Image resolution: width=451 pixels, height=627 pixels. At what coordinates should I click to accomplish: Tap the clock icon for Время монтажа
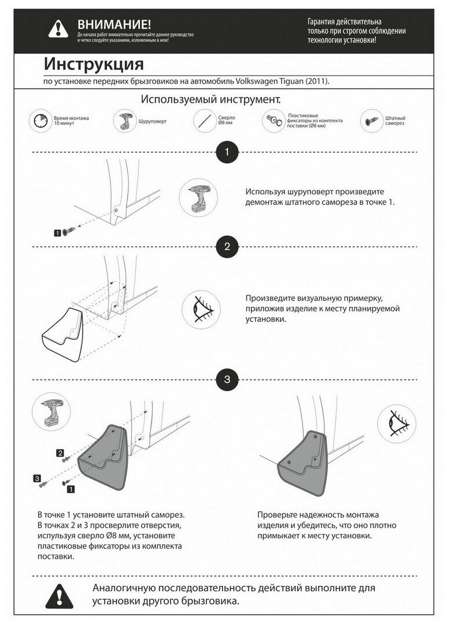click(x=40, y=121)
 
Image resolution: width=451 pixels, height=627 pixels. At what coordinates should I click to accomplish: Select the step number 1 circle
click(x=227, y=153)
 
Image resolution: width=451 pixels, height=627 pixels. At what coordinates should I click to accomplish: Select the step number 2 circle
click(x=227, y=247)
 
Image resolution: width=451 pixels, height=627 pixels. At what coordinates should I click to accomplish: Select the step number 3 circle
click(x=227, y=380)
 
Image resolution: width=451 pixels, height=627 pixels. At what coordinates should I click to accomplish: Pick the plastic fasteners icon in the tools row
click(x=274, y=121)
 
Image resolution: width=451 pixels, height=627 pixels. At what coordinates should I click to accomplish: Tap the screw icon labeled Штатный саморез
click(x=371, y=121)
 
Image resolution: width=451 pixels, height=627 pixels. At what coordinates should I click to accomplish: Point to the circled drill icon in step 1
click(x=198, y=197)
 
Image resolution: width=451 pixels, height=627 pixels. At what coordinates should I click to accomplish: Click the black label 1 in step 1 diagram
click(x=57, y=232)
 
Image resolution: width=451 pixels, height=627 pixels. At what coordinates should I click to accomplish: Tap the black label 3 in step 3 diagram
click(x=37, y=478)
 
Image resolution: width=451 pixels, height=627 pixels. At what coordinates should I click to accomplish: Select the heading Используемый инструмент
click(x=210, y=99)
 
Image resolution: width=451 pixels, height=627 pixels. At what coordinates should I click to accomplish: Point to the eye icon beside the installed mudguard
click(x=396, y=424)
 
